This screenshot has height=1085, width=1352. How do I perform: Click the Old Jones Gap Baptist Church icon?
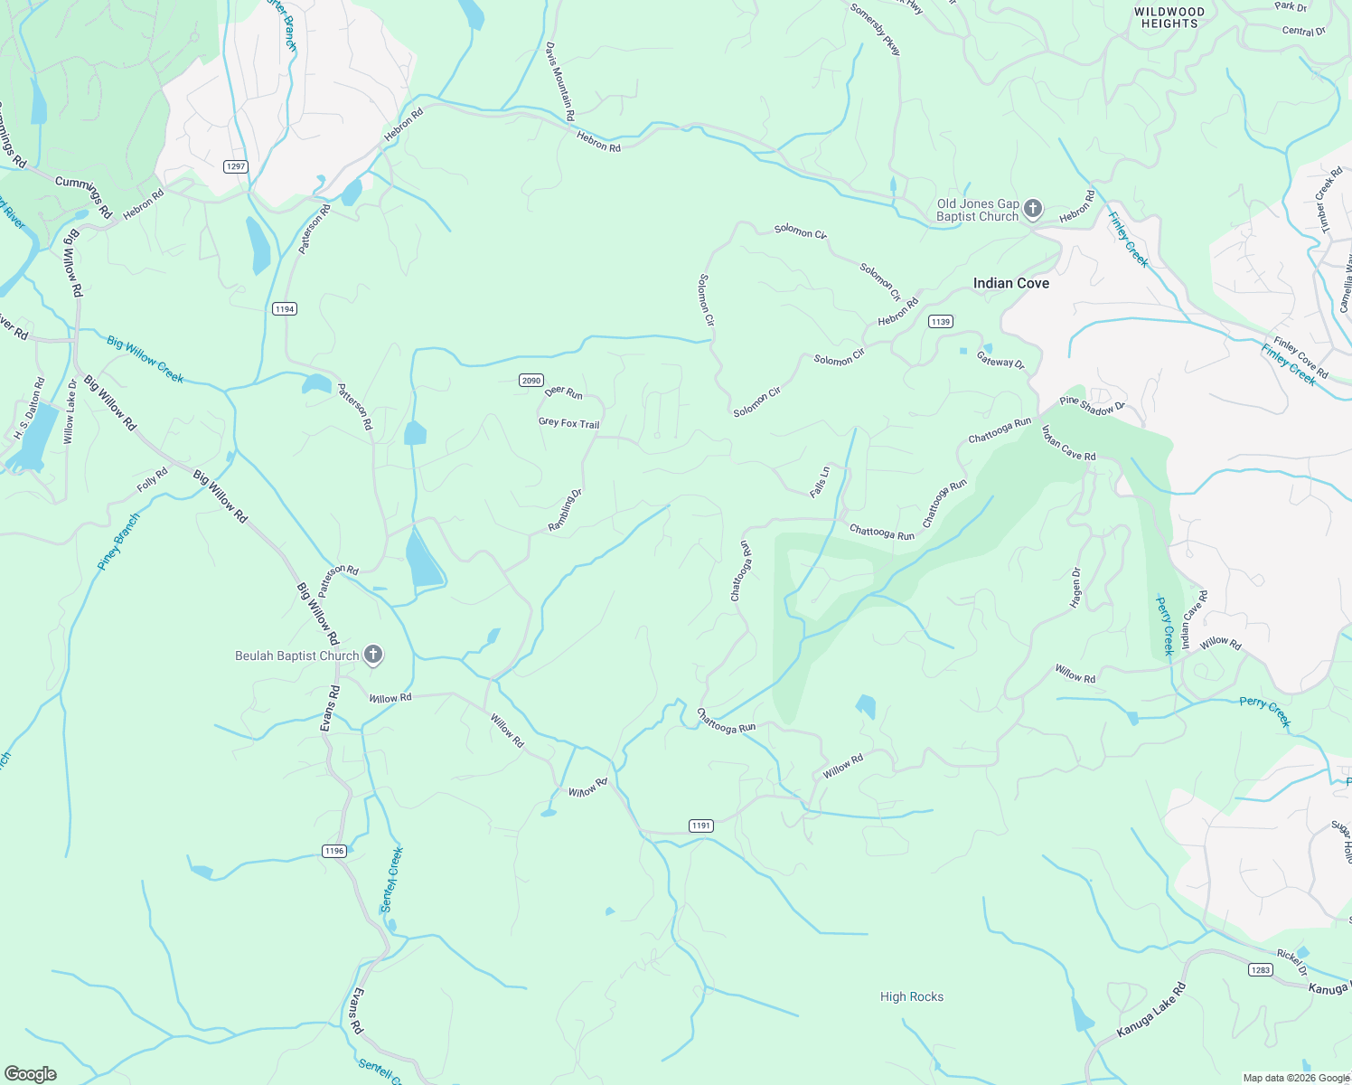coord(1033,210)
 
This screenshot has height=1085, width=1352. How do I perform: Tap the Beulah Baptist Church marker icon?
coord(373,656)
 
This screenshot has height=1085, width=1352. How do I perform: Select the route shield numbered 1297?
coord(236,166)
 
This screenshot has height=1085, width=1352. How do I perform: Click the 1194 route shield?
coord(285,309)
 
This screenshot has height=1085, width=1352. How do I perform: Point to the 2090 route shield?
coord(531,380)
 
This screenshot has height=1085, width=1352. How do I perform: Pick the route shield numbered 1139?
coord(941,322)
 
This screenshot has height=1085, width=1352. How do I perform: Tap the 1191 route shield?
coord(701,826)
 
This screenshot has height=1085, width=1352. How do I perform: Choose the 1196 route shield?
coord(334,851)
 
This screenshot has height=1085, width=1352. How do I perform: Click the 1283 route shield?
coord(1261,970)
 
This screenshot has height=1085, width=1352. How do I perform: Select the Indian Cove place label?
coord(1011,284)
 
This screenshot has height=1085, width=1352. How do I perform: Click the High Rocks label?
coord(912,996)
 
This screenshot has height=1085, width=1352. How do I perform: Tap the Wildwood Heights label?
coord(1169,18)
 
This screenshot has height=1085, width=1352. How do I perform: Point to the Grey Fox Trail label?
coord(568,423)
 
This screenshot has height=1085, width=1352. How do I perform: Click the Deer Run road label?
coord(564,392)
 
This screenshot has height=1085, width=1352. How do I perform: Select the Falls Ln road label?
coord(820,483)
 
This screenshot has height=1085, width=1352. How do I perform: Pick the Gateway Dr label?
coord(1000,360)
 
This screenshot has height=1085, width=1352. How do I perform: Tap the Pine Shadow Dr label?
coord(1092,405)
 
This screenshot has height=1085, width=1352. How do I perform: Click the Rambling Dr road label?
coord(566,510)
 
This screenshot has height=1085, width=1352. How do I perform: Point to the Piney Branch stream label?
coord(119,542)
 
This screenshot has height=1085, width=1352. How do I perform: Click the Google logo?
coord(31,1074)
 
